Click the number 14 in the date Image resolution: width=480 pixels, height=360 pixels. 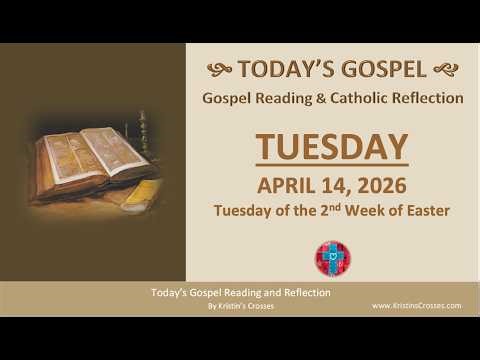tap(333, 185)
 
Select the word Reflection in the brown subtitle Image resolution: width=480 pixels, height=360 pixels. tap(427, 98)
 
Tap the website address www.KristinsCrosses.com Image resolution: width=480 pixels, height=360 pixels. tap(415, 305)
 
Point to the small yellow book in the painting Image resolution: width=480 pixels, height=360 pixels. tap(139, 189)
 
